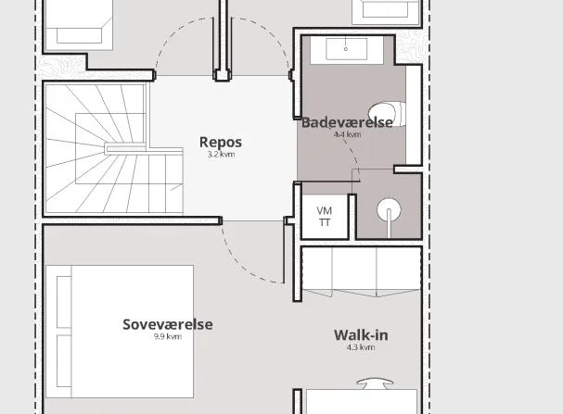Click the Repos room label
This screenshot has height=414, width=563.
(221, 143)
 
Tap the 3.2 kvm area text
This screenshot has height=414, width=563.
(221, 155)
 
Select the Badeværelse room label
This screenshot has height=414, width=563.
(347, 122)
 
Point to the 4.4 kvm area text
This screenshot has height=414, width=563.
(347, 135)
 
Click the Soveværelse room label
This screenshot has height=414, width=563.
(167, 324)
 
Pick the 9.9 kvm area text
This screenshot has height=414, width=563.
(168, 336)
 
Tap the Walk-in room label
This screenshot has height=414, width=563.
(361, 335)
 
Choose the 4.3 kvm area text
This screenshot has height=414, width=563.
(361, 347)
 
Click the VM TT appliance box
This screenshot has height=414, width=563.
(325, 217)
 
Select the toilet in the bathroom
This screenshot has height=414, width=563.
(387, 114)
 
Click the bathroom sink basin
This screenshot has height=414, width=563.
(347, 49)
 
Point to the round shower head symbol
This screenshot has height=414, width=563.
(389, 210)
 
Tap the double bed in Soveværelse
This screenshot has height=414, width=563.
(120, 332)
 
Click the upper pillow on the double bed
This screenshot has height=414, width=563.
(64, 302)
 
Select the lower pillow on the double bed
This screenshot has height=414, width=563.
(64, 361)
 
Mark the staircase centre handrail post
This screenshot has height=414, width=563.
(125, 148)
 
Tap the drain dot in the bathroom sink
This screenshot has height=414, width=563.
(346, 49)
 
